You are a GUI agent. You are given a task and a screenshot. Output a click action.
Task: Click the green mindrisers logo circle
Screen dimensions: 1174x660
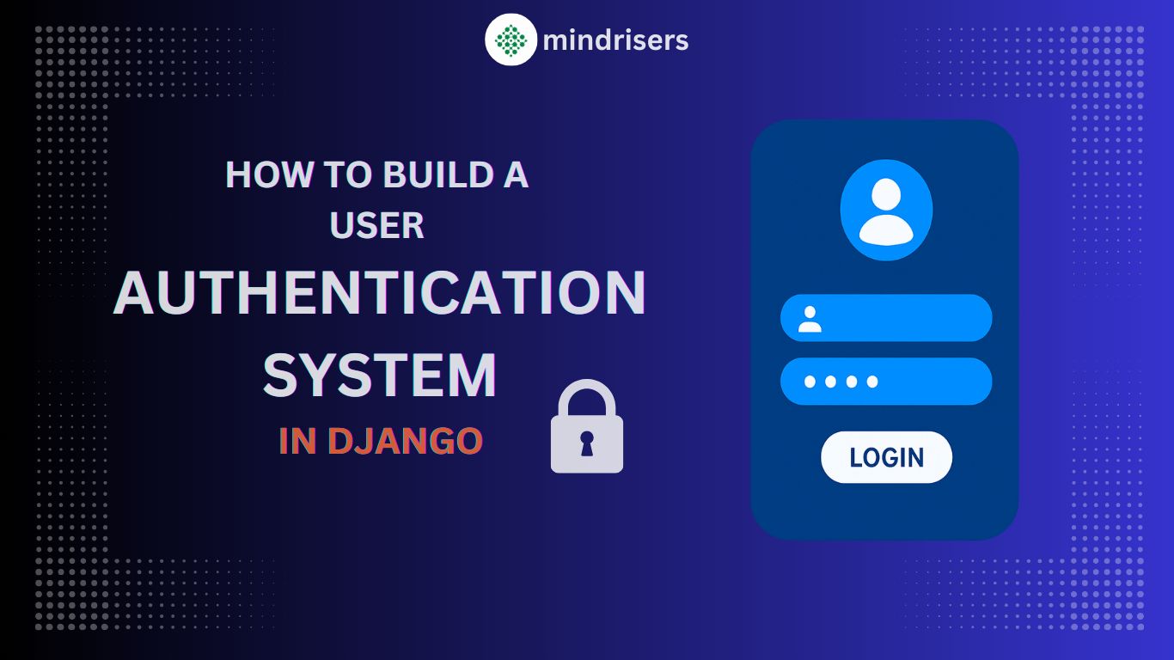tap(511, 40)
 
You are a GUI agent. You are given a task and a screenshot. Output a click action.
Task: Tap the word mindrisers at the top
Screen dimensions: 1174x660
tap(615, 41)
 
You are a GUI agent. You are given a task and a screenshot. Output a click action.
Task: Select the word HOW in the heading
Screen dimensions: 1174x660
tap(269, 174)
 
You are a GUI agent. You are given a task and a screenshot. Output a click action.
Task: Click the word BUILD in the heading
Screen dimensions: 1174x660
tap(438, 174)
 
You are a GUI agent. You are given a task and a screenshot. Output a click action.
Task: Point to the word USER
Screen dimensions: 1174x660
tap(376, 226)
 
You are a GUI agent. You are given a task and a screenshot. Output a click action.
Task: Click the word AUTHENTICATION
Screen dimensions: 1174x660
tap(380, 293)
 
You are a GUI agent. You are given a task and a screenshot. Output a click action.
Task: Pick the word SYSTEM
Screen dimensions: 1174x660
tap(380, 376)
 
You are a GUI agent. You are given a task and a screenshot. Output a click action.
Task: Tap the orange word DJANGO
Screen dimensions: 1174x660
tap(405, 441)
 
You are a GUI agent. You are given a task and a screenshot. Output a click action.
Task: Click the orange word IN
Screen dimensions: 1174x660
tap(297, 441)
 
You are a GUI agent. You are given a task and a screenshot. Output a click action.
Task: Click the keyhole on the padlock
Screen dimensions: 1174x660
tap(587, 443)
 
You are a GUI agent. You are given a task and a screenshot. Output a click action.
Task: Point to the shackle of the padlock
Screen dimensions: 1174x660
tap(587, 398)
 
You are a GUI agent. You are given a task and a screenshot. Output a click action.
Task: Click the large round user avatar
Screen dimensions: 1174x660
tap(886, 210)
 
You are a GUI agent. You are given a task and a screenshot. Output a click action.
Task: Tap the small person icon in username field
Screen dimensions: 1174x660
tap(810, 319)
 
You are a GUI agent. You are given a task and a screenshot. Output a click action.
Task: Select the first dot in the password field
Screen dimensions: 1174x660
tap(810, 382)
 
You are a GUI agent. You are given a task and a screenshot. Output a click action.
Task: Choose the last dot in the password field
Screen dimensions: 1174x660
tap(872, 382)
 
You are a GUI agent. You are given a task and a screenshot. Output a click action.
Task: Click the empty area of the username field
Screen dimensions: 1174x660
tap(907, 318)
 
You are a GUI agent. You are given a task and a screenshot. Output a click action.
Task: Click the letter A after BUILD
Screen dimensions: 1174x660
tap(516, 174)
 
